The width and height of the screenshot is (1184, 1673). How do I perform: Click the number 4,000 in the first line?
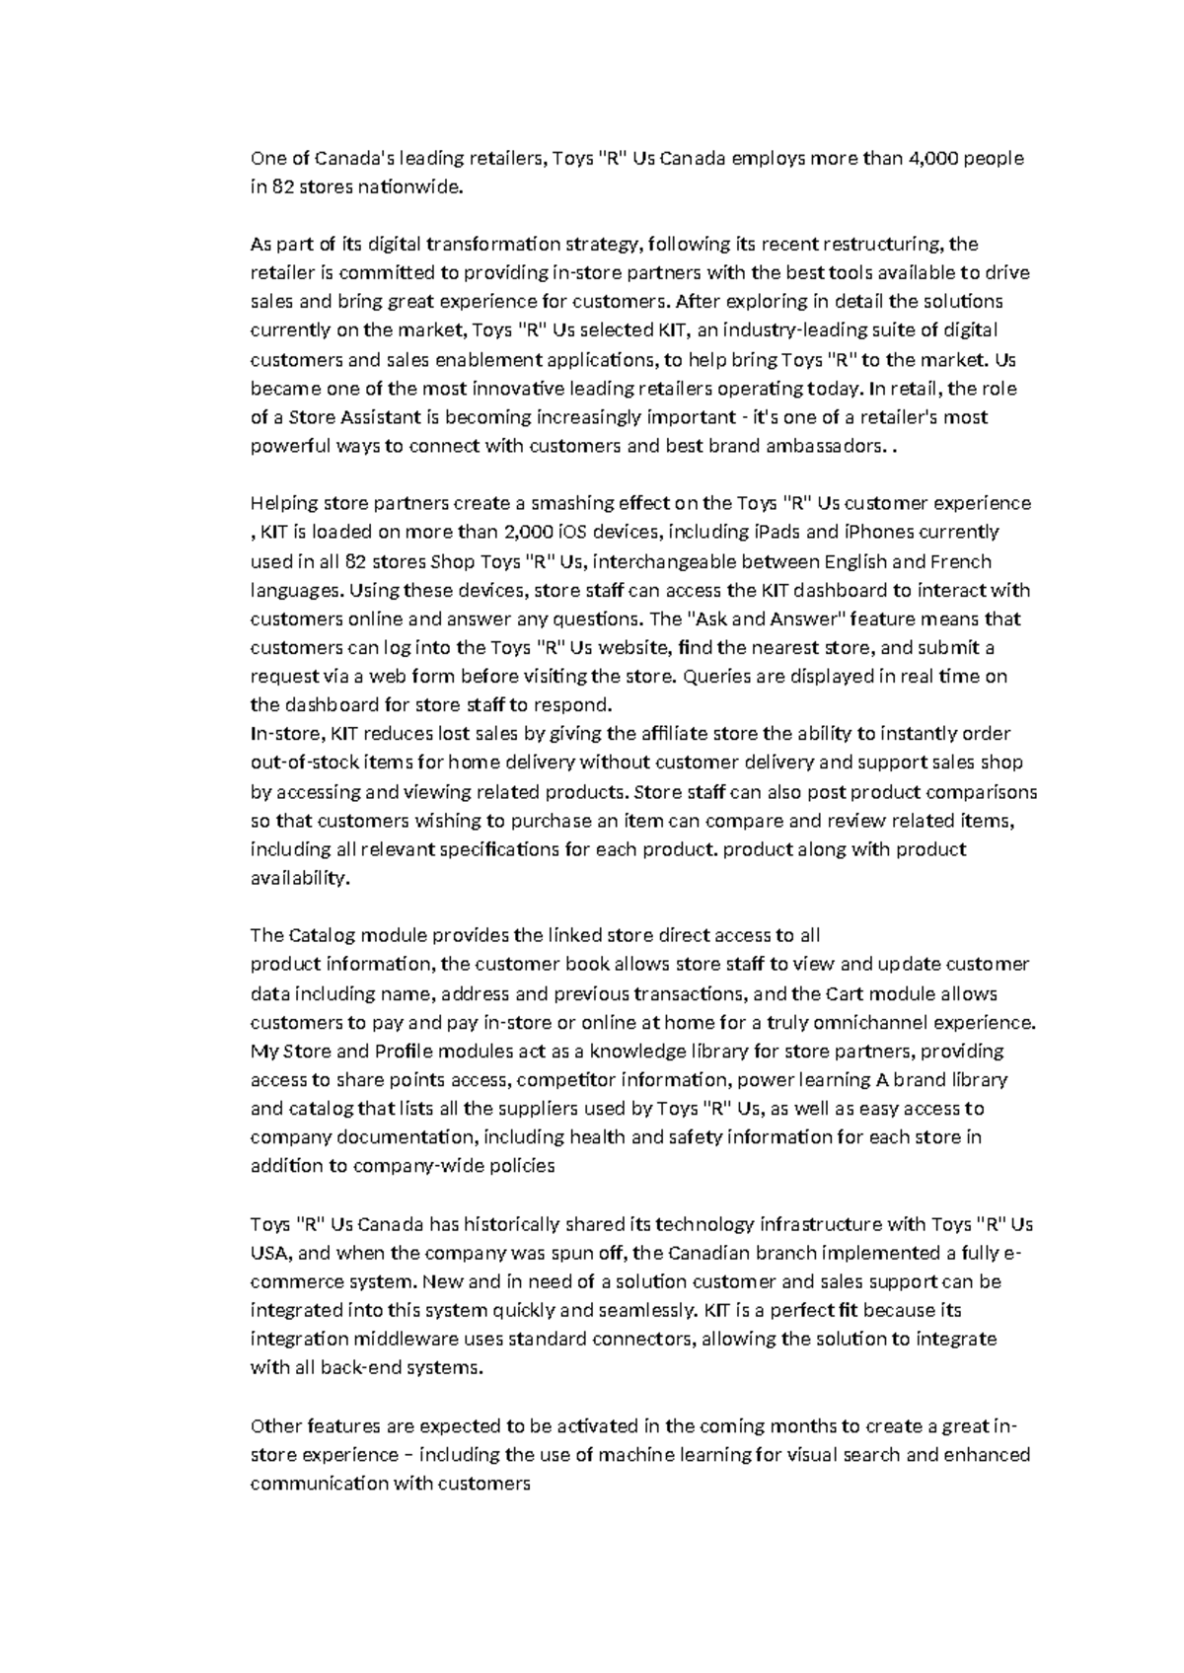[932, 158]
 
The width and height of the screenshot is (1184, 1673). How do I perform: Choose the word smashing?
[563, 503]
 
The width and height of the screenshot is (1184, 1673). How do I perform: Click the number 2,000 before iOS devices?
[530, 532]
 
